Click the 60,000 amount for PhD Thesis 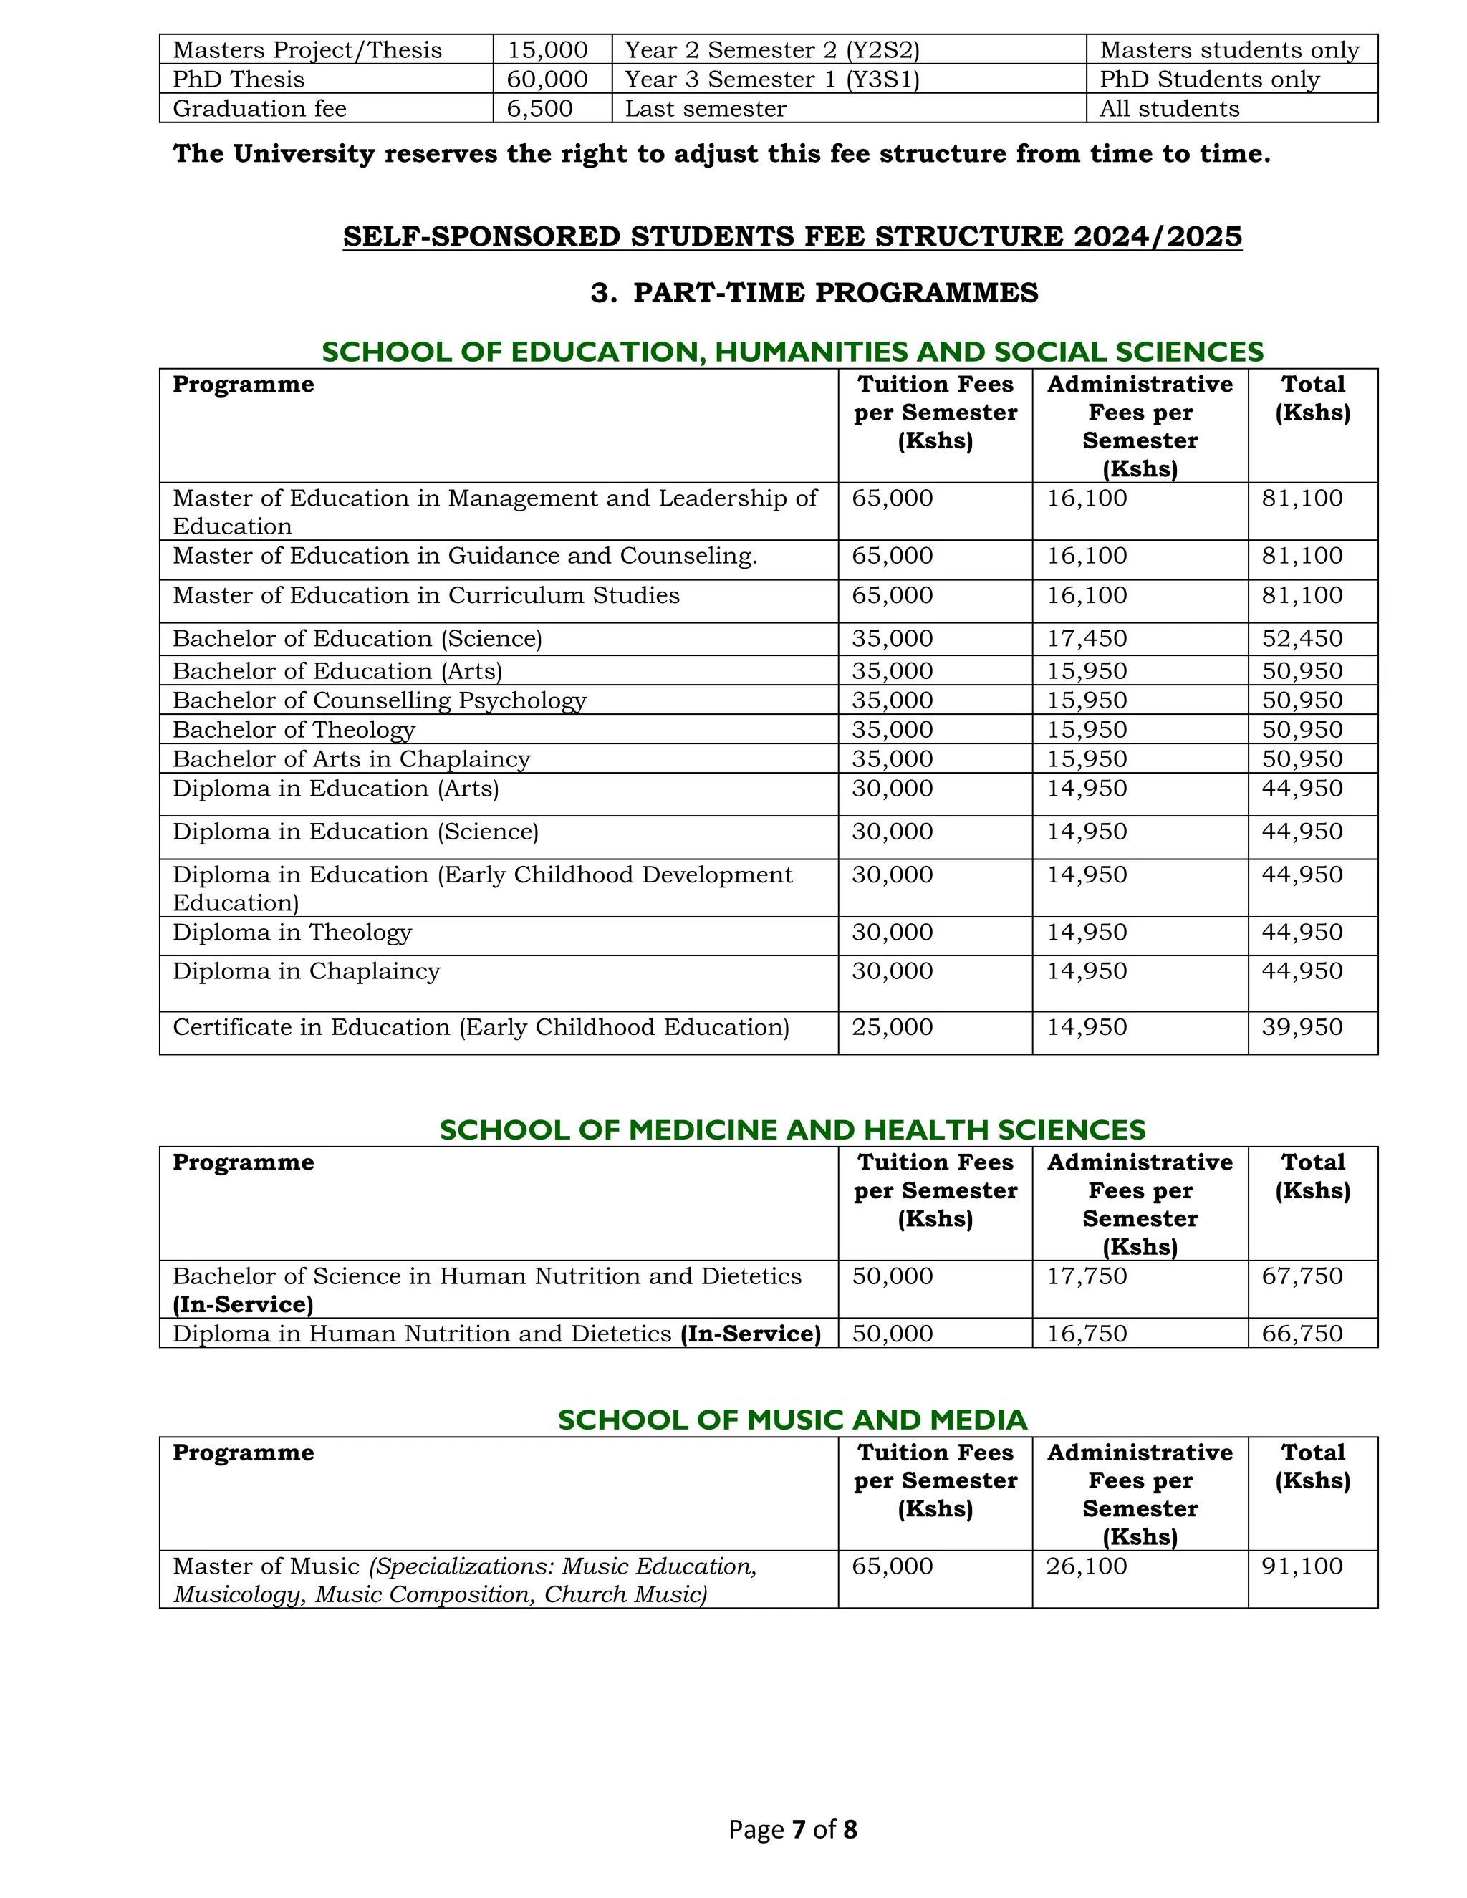click(547, 79)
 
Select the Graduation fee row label click(259, 109)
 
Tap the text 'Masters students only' click(1229, 50)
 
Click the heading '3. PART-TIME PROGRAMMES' click(814, 293)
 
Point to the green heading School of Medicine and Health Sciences click(792, 1129)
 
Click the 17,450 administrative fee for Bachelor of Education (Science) click(1087, 639)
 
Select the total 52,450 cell click(1302, 639)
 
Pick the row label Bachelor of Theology click(294, 729)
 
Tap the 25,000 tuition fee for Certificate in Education click(892, 1027)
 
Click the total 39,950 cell click(1302, 1027)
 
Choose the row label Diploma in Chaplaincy click(306, 970)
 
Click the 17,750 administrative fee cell click(1087, 1276)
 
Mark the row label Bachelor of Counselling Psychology click(379, 700)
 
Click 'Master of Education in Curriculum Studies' click(426, 595)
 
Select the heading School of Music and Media click(792, 1420)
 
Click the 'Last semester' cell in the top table click(705, 109)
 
